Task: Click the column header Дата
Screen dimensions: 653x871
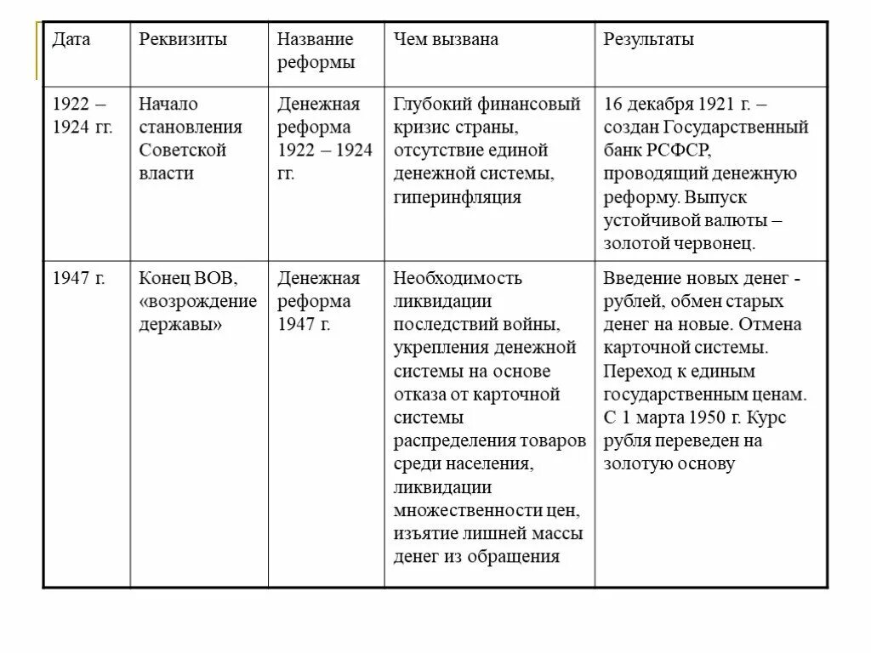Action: click(x=71, y=40)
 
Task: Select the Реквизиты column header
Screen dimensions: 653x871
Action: click(x=183, y=40)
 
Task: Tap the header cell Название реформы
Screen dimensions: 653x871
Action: click(x=316, y=51)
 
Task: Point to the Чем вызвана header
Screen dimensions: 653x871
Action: click(x=446, y=40)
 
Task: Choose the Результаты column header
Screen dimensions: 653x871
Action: click(x=649, y=40)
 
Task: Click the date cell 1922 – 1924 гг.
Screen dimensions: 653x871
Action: click(x=82, y=116)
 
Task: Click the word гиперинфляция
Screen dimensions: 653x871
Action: click(x=458, y=197)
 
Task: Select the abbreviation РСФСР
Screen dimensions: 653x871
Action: click(x=672, y=150)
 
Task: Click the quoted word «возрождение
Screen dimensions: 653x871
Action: click(x=197, y=302)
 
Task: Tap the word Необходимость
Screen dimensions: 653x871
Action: click(x=458, y=278)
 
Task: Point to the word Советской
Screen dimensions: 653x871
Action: click(x=183, y=150)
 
